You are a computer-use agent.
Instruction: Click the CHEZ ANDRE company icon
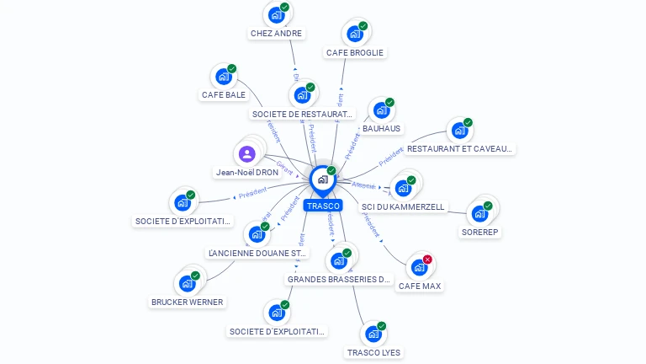pyautogui.click(x=275, y=14)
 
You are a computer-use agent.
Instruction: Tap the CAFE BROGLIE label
pyautogui.click(x=354, y=52)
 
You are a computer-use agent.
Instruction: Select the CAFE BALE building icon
pyautogui.click(x=223, y=77)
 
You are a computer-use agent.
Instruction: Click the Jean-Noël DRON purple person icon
pyautogui.click(x=246, y=154)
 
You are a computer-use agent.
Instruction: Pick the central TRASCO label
pyautogui.click(x=323, y=206)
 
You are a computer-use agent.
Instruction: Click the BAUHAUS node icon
pyautogui.click(x=381, y=110)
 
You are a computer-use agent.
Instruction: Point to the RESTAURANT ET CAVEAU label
pyautogui.click(x=459, y=149)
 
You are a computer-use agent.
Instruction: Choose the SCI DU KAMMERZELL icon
pyautogui.click(x=403, y=188)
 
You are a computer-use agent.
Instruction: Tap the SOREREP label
pyautogui.click(x=481, y=232)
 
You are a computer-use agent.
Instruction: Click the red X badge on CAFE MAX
pyautogui.click(x=427, y=260)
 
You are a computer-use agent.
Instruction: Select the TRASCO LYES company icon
pyautogui.click(x=373, y=334)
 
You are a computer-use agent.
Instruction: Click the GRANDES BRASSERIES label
pyautogui.click(x=340, y=279)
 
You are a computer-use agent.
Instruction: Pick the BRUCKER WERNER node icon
pyautogui.click(x=186, y=283)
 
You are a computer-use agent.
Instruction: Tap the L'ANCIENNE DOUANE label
pyautogui.click(x=257, y=253)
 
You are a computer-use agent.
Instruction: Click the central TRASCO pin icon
pyautogui.click(x=322, y=179)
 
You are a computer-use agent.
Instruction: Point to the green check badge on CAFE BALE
pyautogui.click(x=231, y=69)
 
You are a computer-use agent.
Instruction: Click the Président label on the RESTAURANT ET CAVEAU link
pyautogui.click(x=392, y=156)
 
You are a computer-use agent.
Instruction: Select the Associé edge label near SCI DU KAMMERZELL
pyautogui.click(x=363, y=185)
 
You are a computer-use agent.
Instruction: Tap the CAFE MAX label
pyautogui.click(x=420, y=286)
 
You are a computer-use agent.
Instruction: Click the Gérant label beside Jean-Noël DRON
pyautogui.click(x=284, y=167)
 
